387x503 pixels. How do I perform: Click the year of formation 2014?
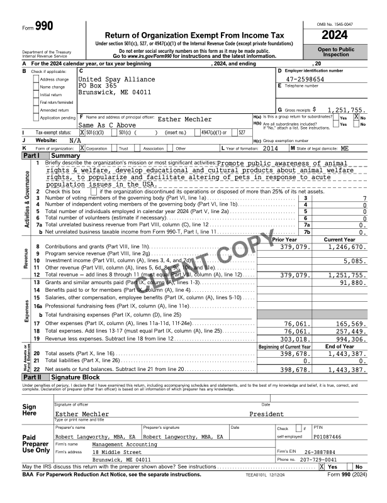click(271, 147)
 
